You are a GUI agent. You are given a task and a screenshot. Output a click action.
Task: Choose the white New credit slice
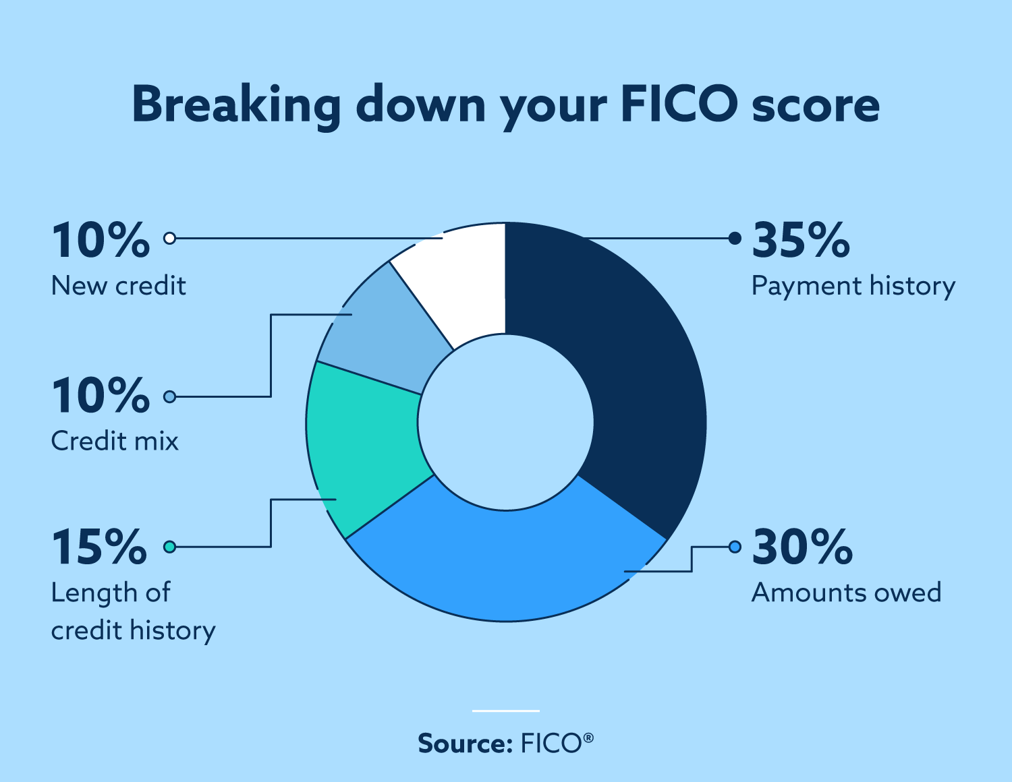459,283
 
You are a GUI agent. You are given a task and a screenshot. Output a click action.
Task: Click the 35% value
801,241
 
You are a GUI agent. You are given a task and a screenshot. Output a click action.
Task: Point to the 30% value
802,547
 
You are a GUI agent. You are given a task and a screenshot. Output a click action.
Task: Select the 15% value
99,547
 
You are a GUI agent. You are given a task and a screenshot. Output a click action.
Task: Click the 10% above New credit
101,241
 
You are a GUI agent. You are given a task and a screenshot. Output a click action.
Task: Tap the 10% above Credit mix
101,396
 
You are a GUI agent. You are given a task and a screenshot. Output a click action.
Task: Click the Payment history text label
853,287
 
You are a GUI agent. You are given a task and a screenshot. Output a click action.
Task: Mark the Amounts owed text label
846,593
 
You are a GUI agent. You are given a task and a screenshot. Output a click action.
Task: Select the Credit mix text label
115,442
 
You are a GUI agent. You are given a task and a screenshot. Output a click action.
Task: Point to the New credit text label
118,286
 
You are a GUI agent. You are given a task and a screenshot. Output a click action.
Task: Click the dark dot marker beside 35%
735,238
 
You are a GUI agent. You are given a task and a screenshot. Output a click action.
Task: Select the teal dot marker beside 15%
170,547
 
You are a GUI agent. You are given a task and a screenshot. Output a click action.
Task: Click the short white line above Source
506,711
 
